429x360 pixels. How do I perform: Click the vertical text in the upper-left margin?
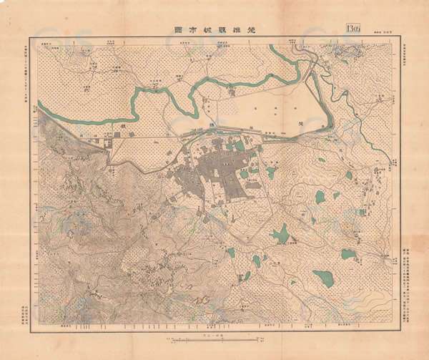click(x=27, y=79)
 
